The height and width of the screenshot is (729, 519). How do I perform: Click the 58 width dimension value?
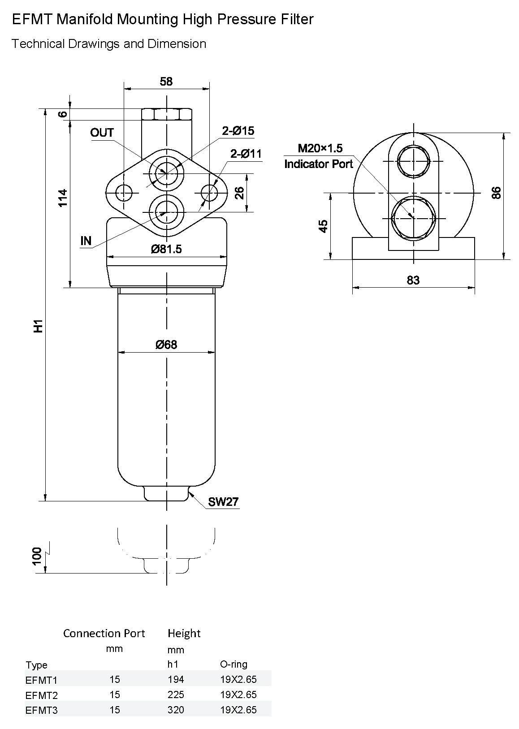[166, 82]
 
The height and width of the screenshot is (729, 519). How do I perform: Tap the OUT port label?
[102, 133]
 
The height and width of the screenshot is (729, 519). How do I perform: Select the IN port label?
[86, 241]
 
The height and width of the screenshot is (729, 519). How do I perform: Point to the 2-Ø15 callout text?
[238, 131]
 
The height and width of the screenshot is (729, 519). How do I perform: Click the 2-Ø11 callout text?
[246, 154]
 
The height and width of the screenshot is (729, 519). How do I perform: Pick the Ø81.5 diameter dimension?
[166, 249]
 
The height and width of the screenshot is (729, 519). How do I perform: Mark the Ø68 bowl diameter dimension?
[166, 344]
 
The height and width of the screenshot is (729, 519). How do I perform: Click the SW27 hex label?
[223, 502]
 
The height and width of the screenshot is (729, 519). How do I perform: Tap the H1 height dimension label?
[39, 326]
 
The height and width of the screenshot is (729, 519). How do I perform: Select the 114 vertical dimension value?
[62, 198]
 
